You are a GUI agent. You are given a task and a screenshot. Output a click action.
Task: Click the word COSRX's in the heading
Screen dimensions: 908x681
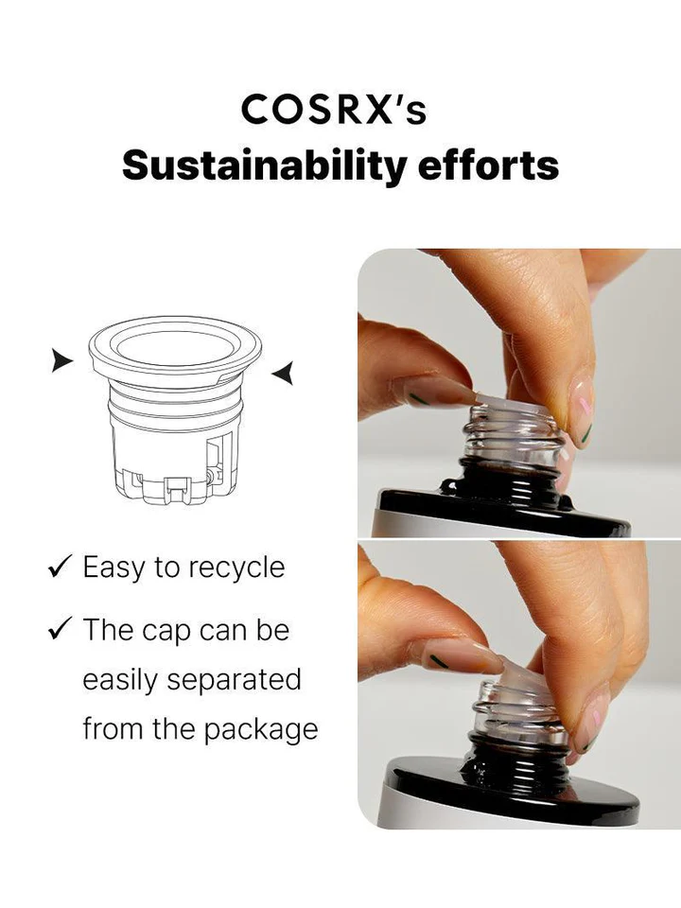click(334, 110)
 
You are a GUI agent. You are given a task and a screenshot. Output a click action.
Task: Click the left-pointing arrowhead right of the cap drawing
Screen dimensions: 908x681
click(282, 374)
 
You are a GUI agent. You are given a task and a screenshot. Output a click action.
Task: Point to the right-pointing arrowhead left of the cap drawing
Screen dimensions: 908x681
click(61, 360)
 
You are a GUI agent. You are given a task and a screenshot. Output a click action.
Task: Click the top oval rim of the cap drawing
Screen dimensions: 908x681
click(174, 341)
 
